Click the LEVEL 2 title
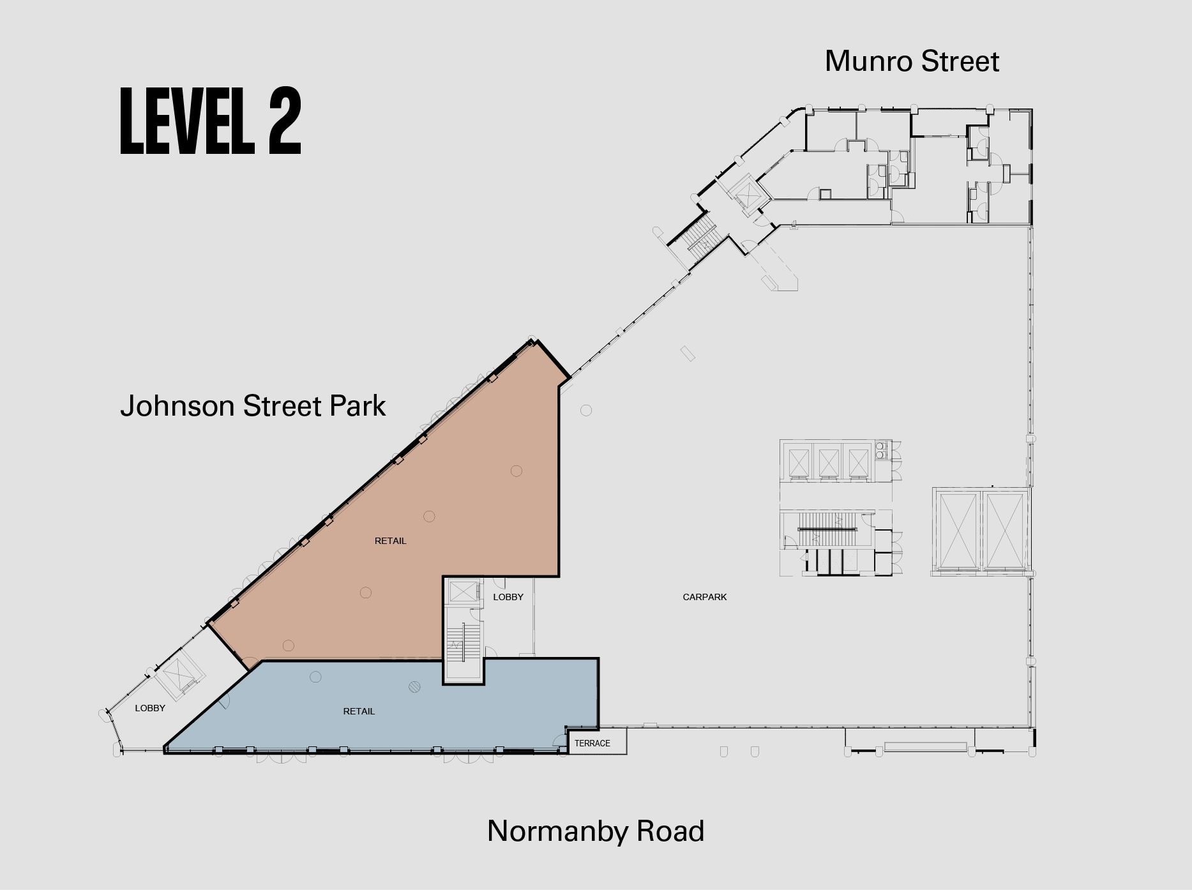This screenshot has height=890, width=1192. coord(210,121)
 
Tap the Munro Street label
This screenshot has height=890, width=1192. coord(912,61)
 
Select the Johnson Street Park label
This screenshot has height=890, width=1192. coord(253,406)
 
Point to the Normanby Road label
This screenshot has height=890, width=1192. coord(596,831)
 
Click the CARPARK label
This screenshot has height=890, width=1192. coord(705,597)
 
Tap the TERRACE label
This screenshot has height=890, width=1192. coord(592,743)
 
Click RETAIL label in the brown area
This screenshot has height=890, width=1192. coord(390,541)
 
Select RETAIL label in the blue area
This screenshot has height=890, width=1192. coord(359,711)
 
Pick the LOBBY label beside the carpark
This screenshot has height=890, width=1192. coord(508,597)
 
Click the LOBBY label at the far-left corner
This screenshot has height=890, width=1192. coord(150,708)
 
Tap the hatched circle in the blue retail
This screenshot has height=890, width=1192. coord(414,687)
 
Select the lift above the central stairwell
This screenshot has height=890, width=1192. coord(463,592)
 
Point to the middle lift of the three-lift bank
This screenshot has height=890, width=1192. coord(829,463)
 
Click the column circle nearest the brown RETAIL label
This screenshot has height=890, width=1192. coord(429,517)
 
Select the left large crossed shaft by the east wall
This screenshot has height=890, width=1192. coord(958,530)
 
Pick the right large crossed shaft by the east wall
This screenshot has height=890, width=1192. coord(1004,530)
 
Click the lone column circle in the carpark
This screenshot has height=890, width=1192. coord(586,410)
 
